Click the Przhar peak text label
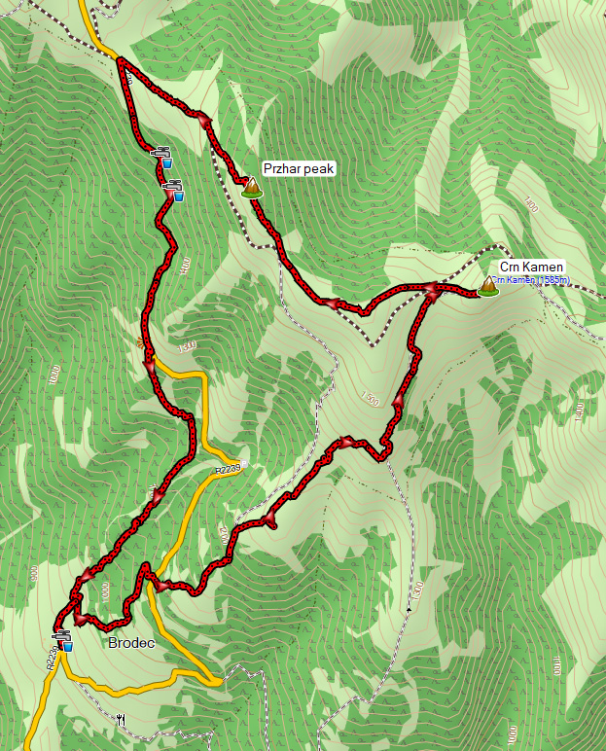tap(299, 169)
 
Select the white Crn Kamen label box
tap(525, 268)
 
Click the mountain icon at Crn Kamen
tap(485, 285)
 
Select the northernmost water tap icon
tap(160, 156)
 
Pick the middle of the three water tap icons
tap(174, 190)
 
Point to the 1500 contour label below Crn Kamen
tap(369, 399)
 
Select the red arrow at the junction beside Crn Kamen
tap(430, 290)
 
